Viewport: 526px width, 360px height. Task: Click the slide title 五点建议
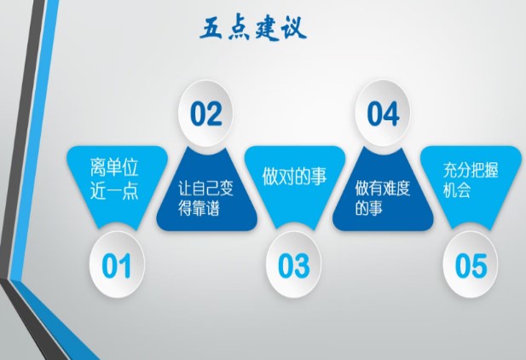pyautogui.click(x=253, y=29)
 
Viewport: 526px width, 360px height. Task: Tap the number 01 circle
pyautogui.click(x=117, y=265)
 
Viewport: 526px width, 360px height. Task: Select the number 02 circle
pyautogui.click(x=205, y=113)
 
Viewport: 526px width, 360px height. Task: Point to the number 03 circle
pyautogui.click(x=293, y=265)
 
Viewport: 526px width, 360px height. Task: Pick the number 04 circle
pyautogui.click(x=383, y=113)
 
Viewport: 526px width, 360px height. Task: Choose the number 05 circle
pyautogui.click(x=471, y=265)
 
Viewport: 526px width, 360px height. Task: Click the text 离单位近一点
pyautogui.click(x=114, y=179)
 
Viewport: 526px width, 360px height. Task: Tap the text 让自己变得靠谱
pyautogui.click(x=205, y=199)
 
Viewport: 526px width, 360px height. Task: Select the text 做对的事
pyautogui.click(x=294, y=176)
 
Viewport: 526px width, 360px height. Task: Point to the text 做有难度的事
pyautogui.click(x=383, y=198)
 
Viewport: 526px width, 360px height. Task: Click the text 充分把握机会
pyautogui.click(x=471, y=180)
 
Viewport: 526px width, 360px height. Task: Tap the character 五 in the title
pyautogui.click(x=211, y=29)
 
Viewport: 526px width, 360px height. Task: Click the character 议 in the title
pyautogui.click(x=295, y=28)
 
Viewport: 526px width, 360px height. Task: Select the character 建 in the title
pyautogui.click(x=268, y=30)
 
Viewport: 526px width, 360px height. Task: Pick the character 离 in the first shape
pyautogui.click(x=98, y=167)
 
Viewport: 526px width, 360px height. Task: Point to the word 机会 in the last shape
pyautogui.click(x=457, y=190)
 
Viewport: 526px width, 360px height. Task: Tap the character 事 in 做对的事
pyautogui.click(x=318, y=177)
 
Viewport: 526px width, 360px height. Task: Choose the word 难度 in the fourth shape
pyautogui.click(x=396, y=188)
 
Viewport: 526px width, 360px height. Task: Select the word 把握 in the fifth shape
pyautogui.click(x=484, y=170)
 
